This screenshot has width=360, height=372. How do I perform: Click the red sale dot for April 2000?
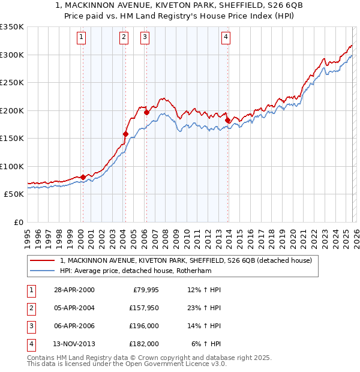tap(83, 177)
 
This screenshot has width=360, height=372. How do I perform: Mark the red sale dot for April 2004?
tap(125, 134)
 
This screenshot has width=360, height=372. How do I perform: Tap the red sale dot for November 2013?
tap(227, 120)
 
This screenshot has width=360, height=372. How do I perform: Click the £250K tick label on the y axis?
tap(11, 83)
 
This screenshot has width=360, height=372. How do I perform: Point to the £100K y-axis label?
tap(11, 166)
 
